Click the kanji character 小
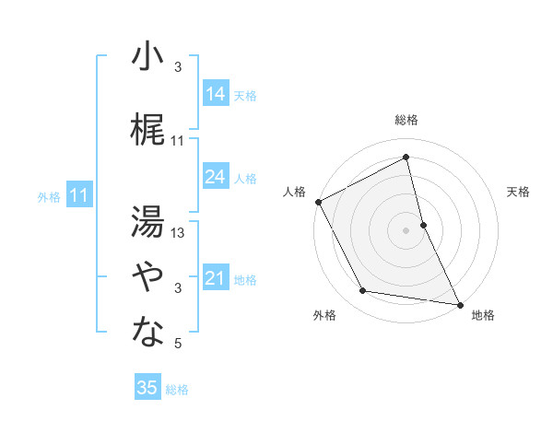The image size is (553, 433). click(147, 57)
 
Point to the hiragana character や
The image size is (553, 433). click(147, 276)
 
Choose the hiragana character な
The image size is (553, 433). click(147, 333)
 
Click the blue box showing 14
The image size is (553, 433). click(216, 94)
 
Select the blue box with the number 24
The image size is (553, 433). click(216, 177)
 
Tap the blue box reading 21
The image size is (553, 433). click(216, 278)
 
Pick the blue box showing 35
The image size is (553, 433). click(147, 388)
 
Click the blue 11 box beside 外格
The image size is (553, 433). click(78, 195)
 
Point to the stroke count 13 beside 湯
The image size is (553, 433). click(179, 233)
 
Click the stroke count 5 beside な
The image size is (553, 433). click(179, 344)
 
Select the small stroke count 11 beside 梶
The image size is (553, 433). click(178, 141)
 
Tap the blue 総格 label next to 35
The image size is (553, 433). click(177, 390)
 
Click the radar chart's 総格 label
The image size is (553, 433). click(406, 120)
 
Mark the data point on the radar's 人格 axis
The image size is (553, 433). click(318, 201)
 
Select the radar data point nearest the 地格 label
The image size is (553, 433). click(459, 303)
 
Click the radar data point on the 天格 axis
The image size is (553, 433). click(423, 224)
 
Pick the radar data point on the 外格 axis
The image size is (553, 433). click(362, 291)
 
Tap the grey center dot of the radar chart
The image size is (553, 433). click(406, 229)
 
